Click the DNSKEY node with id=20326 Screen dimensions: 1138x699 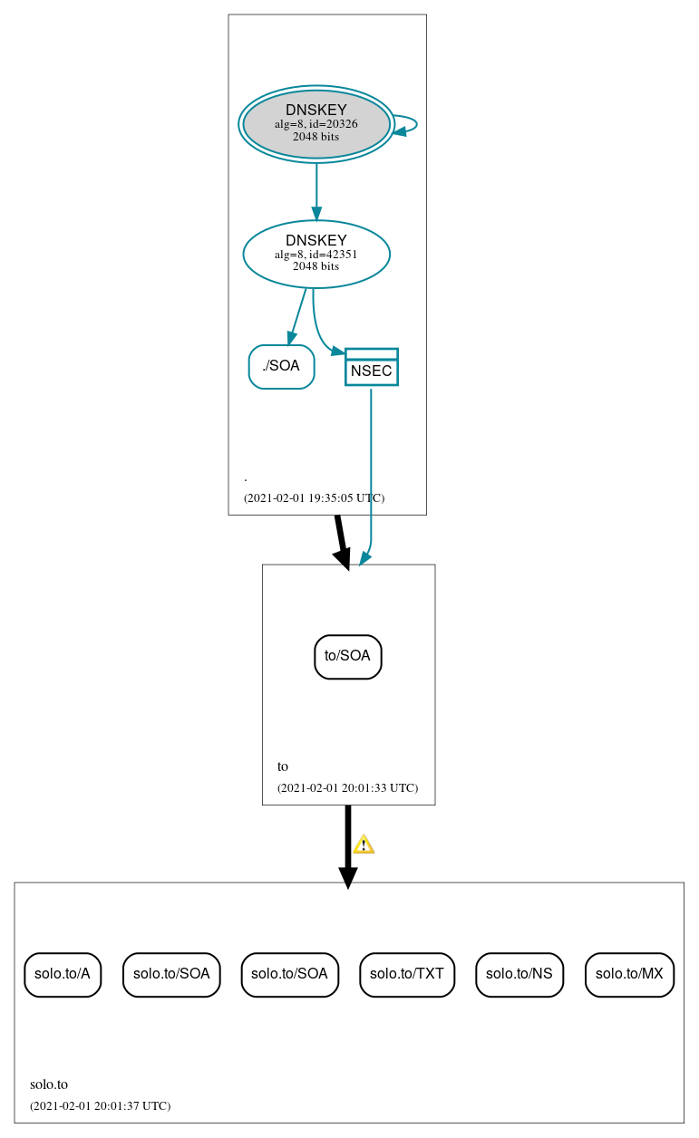click(x=316, y=124)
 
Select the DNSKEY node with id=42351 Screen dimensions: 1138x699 click(x=316, y=254)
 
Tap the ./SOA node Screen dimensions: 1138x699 click(x=281, y=366)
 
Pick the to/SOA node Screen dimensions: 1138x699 click(x=347, y=656)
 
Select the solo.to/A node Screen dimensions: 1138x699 click(x=62, y=974)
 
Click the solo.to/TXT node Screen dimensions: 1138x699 click(x=406, y=974)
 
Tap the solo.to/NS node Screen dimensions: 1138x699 click(x=519, y=974)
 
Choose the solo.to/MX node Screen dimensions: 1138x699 click(x=629, y=974)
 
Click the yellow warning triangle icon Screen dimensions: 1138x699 click(x=364, y=844)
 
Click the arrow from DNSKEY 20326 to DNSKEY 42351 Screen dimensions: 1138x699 click(x=316, y=190)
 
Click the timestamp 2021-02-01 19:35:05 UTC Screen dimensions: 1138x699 click(x=314, y=497)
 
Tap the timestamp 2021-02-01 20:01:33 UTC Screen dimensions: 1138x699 click(x=347, y=787)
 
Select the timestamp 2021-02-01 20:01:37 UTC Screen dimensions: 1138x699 click(x=100, y=1105)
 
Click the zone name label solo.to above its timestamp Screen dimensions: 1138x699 click(x=49, y=1084)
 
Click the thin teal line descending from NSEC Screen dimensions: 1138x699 click(x=371, y=471)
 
